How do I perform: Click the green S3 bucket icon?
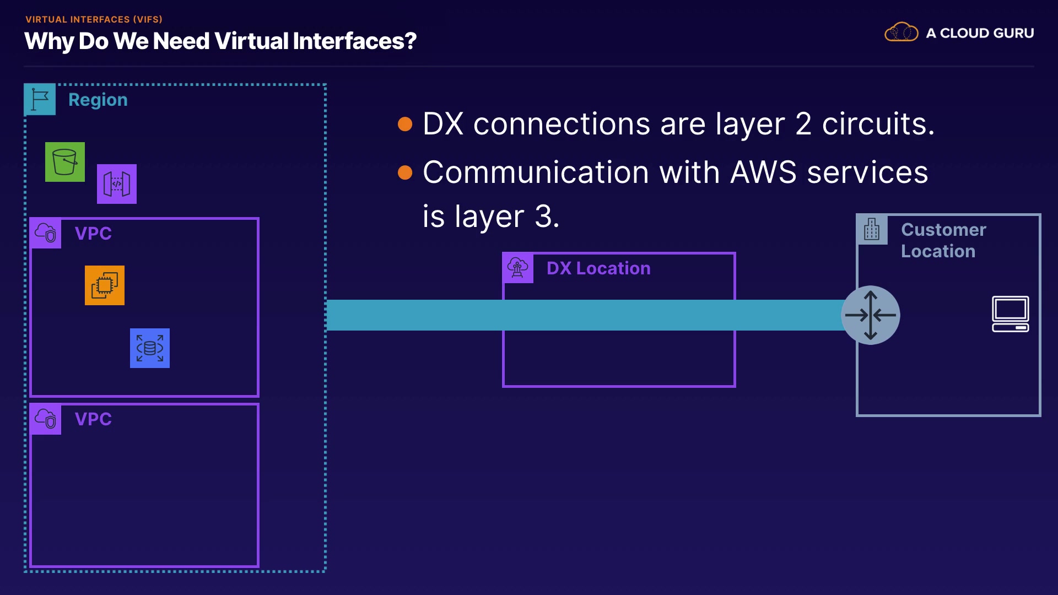65,162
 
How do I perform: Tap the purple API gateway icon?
117,184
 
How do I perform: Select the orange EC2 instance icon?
105,285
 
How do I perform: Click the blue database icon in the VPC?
150,348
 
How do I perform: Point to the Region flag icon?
40,99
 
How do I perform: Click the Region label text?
98,100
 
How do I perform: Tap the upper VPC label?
93,233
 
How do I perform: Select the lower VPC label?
93,419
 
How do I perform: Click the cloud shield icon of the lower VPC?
46,419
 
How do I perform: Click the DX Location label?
598,268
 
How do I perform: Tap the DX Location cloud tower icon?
518,268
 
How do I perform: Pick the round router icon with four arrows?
871,315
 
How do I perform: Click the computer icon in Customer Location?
1011,314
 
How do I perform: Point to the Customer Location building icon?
872,229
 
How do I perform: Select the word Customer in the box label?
943,230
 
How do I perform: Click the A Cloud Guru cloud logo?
902,33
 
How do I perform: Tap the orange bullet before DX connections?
405,124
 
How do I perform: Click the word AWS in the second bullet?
763,172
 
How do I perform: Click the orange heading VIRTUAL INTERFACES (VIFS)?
94,19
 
